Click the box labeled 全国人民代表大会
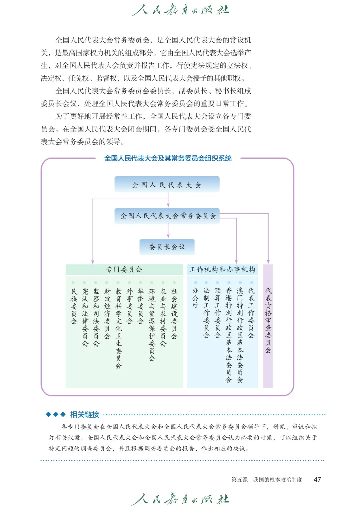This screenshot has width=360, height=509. click(x=167, y=185)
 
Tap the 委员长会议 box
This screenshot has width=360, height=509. click(x=167, y=247)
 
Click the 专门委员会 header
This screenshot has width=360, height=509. click(x=124, y=269)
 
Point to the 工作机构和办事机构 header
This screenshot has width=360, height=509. click(x=222, y=269)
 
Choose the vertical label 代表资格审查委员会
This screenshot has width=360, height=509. click(x=268, y=320)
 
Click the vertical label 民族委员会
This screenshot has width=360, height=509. click(x=74, y=306)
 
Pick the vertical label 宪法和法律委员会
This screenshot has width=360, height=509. click(x=85, y=317)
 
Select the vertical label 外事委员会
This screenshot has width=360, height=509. click(x=130, y=306)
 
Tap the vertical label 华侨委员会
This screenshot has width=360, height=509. click(x=141, y=306)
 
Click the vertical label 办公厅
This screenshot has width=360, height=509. click(x=195, y=298)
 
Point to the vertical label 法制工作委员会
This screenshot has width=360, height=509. click(x=207, y=313)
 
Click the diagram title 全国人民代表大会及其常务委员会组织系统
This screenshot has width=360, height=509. click(x=168, y=158)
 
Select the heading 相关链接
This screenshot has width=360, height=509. click(x=85, y=414)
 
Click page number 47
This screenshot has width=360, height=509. click(x=317, y=479)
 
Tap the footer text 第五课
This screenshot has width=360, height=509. click(x=240, y=480)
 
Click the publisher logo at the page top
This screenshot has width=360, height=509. click(x=180, y=10)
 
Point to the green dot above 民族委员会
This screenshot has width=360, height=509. click(x=73, y=283)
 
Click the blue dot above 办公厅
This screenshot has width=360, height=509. click(x=196, y=283)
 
